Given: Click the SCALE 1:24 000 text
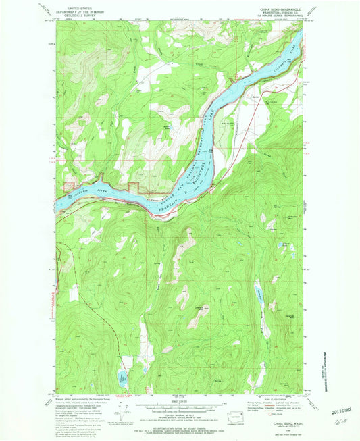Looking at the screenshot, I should pos(179,398).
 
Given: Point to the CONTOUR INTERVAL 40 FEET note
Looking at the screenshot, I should pos(179,413).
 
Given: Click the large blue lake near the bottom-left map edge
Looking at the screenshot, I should pos(122,378).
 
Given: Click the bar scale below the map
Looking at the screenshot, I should pos(179,405).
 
